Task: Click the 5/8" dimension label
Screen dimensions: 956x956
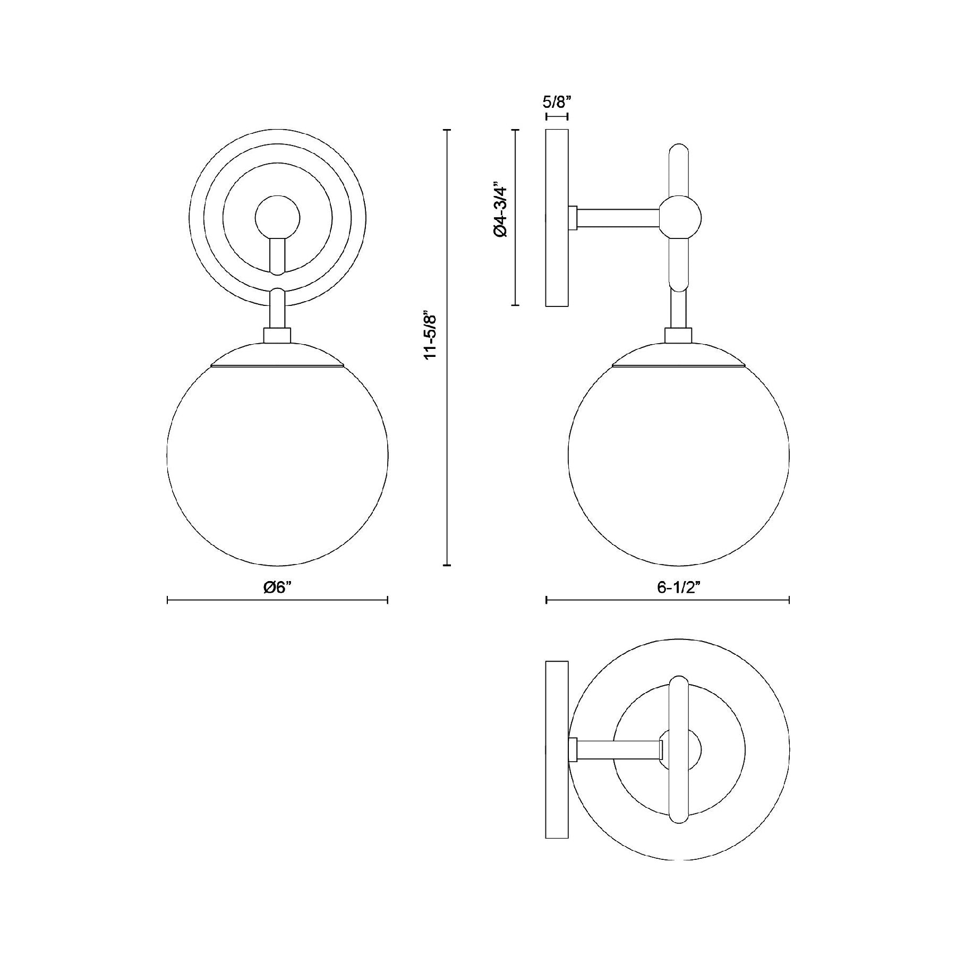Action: (x=557, y=100)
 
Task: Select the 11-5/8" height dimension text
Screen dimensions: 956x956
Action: (x=430, y=337)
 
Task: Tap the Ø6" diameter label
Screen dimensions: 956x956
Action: (x=278, y=587)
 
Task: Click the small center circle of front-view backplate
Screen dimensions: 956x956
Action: (x=278, y=218)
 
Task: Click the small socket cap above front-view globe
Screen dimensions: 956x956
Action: (x=277, y=336)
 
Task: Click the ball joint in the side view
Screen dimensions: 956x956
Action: (x=680, y=217)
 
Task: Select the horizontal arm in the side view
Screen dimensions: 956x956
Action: (x=618, y=218)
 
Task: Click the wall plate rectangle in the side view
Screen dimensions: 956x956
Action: (x=557, y=218)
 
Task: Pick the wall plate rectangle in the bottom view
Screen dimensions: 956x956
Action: (x=557, y=749)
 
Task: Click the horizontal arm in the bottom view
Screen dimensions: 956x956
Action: (x=618, y=749)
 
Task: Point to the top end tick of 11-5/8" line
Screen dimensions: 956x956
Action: (x=447, y=130)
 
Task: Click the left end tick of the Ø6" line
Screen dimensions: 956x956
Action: (x=168, y=600)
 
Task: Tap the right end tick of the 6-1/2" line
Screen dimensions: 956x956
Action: (x=789, y=600)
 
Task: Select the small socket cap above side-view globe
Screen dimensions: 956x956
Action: (x=679, y=336)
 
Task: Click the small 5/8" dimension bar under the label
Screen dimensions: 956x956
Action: (x=557, y=116)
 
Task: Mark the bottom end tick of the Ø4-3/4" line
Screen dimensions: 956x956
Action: (x=515, y=305)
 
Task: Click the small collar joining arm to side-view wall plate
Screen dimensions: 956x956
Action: (x=573, y=218)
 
